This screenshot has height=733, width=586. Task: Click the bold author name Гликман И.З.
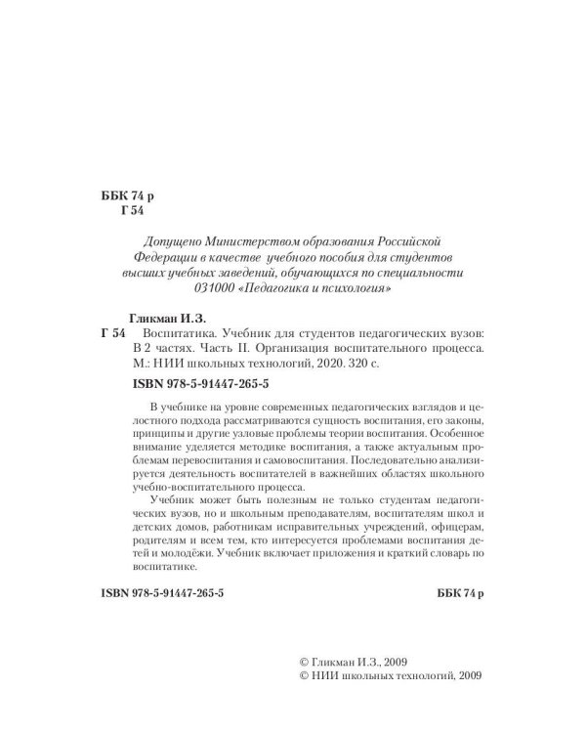168,318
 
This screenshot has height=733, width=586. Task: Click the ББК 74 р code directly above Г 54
128,195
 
